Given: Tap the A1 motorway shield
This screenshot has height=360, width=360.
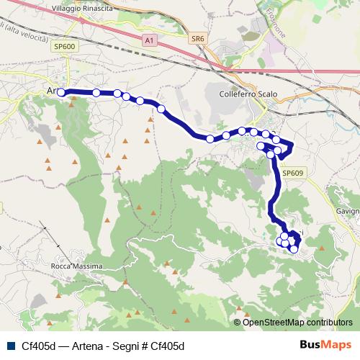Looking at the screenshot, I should coord(150,41).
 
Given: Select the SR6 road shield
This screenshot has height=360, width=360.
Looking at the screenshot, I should coord(198,39).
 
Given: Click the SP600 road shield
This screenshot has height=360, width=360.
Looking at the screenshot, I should coord(64,45).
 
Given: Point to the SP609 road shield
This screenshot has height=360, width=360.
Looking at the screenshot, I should coord(292,174).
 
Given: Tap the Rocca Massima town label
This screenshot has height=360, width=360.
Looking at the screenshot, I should coord(77,266).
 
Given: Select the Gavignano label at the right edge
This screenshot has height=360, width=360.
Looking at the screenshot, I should coord(347,211).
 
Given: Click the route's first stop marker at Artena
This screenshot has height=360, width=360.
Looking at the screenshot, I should coord(61,92).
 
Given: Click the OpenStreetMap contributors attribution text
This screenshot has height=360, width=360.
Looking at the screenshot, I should coord(298,323).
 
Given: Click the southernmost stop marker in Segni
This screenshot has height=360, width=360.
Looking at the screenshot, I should coord(294,249).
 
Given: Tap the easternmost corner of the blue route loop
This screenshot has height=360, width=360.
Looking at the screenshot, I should coord(294,147).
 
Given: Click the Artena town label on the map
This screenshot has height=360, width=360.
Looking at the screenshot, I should coord(50,91).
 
